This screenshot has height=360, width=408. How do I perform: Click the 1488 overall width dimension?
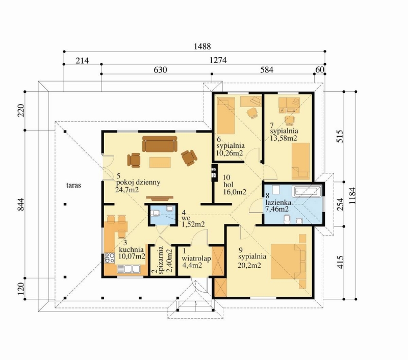click(202, 46)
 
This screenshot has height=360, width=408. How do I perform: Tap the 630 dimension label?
click(160, 70)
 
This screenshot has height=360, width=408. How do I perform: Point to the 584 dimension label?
click(267, 70)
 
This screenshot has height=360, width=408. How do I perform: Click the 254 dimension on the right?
click(340, 204)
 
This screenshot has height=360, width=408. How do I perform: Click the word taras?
click(73, 185)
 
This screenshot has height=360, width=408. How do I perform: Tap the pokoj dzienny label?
click(138, 183)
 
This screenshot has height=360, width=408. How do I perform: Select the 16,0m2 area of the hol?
click(235, 192)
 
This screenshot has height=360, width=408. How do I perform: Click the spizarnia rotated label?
click(161, 260)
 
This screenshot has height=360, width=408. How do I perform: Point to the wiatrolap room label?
click(196, 259)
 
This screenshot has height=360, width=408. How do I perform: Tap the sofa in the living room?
click(160, 144)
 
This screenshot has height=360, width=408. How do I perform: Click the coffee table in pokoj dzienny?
click(160, 162)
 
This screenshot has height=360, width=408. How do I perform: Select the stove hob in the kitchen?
click(110, 258)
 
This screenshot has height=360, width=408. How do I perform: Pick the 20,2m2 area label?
click(249, 265)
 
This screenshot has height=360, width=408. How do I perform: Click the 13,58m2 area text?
click(284, 138)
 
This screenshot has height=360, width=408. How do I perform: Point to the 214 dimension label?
click(82, 61)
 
